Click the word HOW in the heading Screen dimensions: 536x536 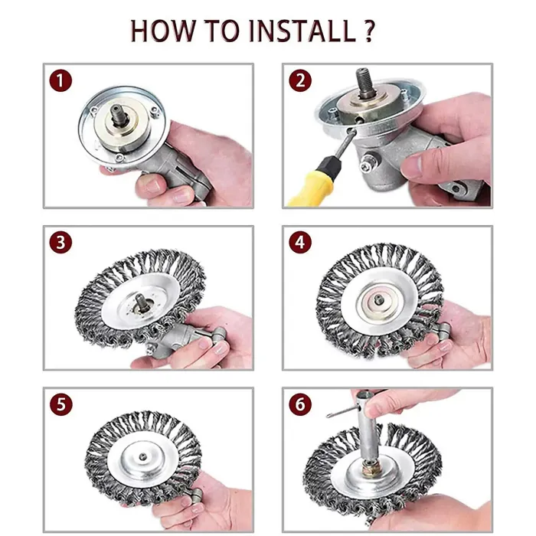(163, 31)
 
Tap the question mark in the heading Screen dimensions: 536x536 (368, 31)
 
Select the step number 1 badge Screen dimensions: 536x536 (60, 80)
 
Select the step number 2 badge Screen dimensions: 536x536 (300, 80)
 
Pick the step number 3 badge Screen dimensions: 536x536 (60, 243)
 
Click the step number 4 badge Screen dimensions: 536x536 (300, 243)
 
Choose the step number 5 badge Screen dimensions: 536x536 (60, 404)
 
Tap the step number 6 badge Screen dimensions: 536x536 (300, 404)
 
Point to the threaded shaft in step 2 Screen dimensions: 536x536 (364, 83)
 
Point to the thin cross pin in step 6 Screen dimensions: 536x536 (342, 411)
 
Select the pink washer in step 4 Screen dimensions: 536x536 (378, 301)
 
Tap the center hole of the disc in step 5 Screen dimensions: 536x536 (143, 456)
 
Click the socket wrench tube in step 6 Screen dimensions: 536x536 (368, 427)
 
